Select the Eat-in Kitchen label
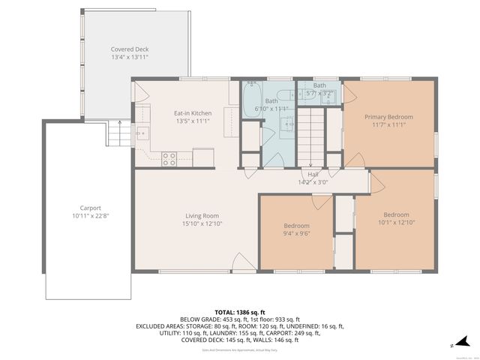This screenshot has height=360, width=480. pos(193,112)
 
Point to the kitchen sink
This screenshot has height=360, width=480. pos(142,133)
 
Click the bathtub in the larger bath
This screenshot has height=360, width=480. pos(252,97)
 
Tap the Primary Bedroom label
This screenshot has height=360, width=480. pos(388,117)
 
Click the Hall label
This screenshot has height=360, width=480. pos(313,174)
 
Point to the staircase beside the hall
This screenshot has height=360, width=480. pos(313,135)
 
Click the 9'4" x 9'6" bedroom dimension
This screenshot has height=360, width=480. pos(296,234)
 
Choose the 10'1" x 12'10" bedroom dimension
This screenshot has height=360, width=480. pos(396,222)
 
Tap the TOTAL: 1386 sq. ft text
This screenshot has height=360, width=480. pos(239,311)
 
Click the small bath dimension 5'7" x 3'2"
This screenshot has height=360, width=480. pos(319,94)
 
